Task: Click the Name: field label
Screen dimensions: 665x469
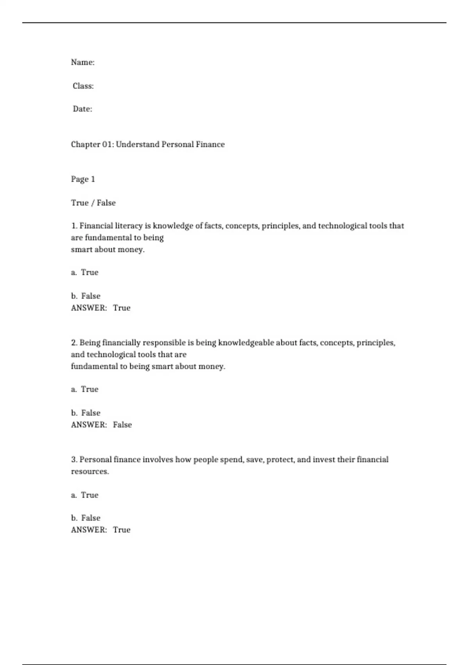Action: pyautogui.click(x=82, y=62)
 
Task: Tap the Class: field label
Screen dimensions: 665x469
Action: pyautogui.click(x=83, y=86)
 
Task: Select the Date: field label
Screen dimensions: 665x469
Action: pyautogui.click(x=82, y=109)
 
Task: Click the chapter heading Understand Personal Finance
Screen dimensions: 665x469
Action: pyautogui.click(x=148, y=144)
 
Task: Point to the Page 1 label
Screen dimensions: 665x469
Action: pyautogui.click(x=83, y=179)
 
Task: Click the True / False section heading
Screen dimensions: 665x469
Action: pyautogui.click(x=93, y=203)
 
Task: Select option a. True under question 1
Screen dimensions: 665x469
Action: pyautogui.click(x=85, y=272)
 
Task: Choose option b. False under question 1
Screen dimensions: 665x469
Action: pyautogui.click(x=86, y=296)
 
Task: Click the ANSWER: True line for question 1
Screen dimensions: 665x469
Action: pyautogui.click(x=100, y=308)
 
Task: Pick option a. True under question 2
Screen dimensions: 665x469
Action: pyautogui.click(x=85, y=389)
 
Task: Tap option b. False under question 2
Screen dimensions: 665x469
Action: pyautogui.click(x=86, y=413)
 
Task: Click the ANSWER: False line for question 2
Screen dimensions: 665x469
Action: pyautogui.click(x=101, y=424)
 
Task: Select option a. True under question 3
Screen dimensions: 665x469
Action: pyautogui.click(x=85, y=495)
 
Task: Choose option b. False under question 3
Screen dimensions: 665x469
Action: pyautogui.click(x=86, y=518)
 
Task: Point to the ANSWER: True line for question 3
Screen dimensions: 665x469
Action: pyautogui.click(x=100, y=530)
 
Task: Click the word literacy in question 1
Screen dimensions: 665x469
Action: pyautogui.click(x=128, y=226)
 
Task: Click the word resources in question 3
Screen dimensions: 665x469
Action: pyautogui.click(x=90, y=471)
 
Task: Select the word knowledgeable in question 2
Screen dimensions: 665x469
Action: pyautogui.click(x=246, y=343)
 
